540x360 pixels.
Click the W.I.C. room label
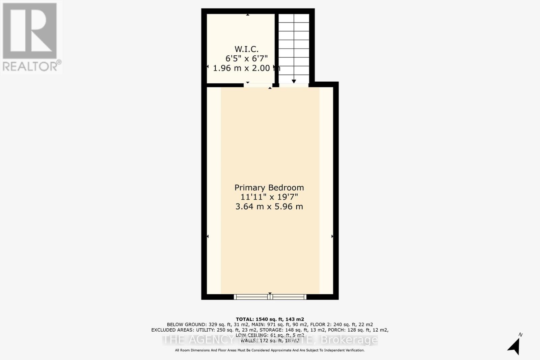click(x=246, y=49)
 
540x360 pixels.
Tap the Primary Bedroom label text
click(x=269, y=188)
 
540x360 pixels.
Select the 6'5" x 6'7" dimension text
click(x=246, y=59)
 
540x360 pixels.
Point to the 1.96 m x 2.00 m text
click(x=246, y=68)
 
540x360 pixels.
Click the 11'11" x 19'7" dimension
click(x=269, y=197)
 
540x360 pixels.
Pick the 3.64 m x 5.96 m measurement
click(x=269, y=206)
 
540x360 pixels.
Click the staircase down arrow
click(x=294, y=81)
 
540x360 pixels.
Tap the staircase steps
click(x=294, y=47)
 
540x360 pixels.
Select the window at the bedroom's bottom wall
click(x=270, y=297)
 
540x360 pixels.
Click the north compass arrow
click(x=514, y=346)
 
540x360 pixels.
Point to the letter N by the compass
click(x=520, y=335)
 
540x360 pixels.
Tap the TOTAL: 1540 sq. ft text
click(x=270, y=319)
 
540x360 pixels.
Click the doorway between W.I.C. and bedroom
click(x=258, y=85)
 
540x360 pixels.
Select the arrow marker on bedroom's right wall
click(x=332, y=237)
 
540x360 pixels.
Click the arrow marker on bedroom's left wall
click(x=208, y=237)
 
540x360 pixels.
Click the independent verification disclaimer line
click(x=270, y=350)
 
